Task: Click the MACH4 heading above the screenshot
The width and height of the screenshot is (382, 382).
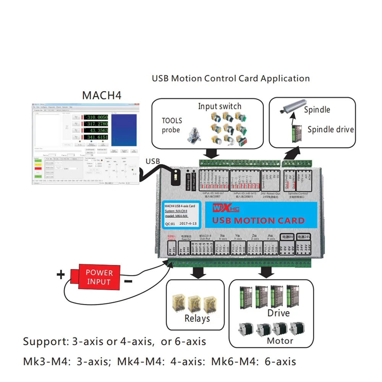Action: pyautogui.click(x=102, y=95)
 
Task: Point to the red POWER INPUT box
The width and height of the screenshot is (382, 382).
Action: pyautogui.click(x=99, y=277)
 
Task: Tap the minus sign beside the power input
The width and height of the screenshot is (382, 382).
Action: pyautogui.click(x=128, y=282)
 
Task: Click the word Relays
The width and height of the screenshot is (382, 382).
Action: pyautogui.click(x=197, y=318)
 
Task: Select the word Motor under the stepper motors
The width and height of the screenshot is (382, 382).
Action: pyautogui.click(x=280, y=341)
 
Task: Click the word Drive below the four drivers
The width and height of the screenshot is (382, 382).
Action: pyautogui.click(x=278, y=313)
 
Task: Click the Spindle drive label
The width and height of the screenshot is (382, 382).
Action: pyautogui.click(x=330, y=129)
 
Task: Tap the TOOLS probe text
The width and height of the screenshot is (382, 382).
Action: pyautogui.click(x=172, y=125)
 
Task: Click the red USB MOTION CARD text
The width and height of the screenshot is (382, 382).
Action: pyautogui.click(x=258, y=220)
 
